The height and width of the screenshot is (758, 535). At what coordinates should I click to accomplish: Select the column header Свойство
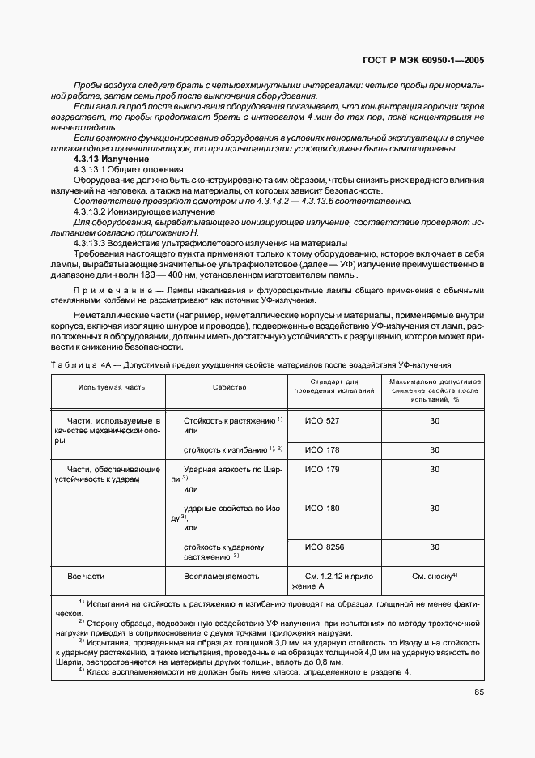(x=230, y=388)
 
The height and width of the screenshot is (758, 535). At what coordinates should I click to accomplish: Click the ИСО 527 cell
(x=321, y=421)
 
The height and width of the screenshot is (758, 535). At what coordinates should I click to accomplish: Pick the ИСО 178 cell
(x=321, y=449)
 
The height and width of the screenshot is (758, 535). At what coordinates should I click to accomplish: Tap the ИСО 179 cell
(x=321, y=469)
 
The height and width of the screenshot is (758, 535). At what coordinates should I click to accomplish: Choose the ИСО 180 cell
(x=321, y=509)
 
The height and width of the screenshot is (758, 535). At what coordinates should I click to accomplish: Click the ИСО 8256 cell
(x=324, y=547)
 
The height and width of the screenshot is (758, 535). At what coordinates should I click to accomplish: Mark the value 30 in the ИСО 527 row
(x=435, y=421)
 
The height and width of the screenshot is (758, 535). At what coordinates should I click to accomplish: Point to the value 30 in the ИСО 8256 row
(x=435, y=547)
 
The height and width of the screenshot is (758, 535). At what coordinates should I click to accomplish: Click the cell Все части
(x=86, y=576)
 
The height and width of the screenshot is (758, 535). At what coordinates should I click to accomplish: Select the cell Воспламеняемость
(x=221, y=576)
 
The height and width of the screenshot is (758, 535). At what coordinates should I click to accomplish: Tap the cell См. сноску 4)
(x=435, y=576)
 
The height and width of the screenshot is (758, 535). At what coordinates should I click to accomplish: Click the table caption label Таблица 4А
(x=77, y=365)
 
